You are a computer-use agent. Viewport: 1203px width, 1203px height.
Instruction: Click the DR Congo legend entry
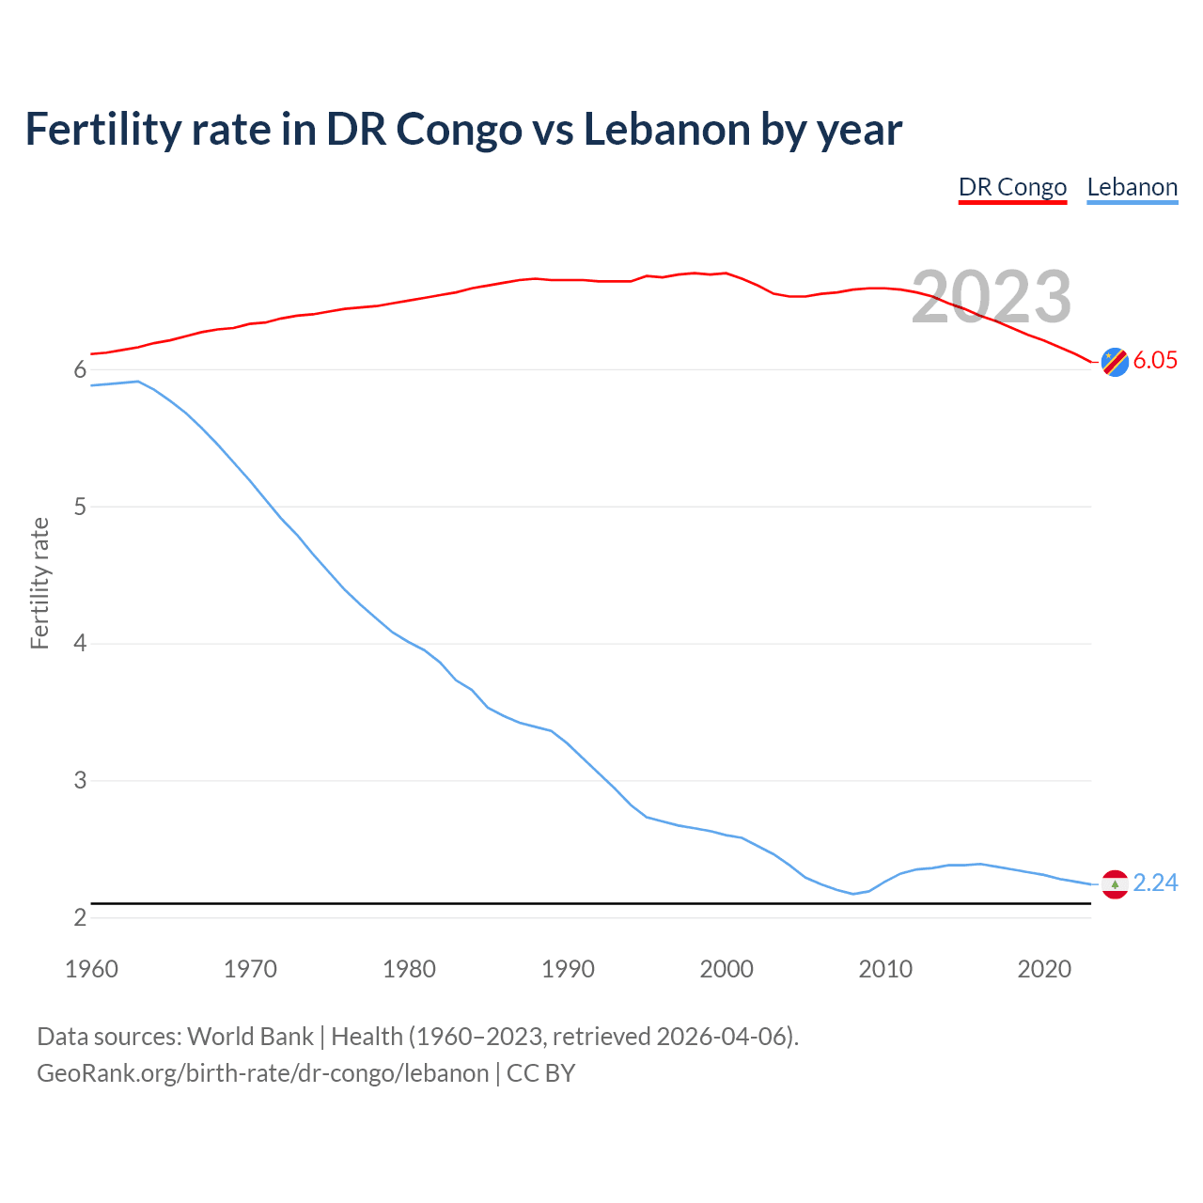pos(1012,187)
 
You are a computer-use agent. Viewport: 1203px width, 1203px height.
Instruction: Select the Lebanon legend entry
pos(1132,187)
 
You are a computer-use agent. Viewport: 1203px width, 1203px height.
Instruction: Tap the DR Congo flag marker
pos(1115,361)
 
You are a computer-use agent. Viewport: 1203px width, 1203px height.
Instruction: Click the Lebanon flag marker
pos(1115,883)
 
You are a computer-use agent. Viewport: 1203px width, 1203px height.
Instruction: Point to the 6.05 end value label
pos(1155,361)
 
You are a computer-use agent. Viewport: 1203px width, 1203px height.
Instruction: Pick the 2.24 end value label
pos(1155,883)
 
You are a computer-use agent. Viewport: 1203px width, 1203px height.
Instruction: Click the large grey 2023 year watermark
pos(992,297)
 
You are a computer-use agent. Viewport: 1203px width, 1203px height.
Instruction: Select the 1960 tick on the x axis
pos(91,969)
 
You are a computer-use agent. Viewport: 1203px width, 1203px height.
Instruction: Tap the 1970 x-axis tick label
pos(250,969)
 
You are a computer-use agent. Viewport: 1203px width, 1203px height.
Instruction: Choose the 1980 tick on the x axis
pos(409,969)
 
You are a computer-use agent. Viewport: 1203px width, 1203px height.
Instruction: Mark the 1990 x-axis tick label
pos(568,969)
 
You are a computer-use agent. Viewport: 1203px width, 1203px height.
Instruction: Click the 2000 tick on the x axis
pos(726,969)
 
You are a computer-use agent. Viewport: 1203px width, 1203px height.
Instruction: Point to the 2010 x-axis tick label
pos(885,969)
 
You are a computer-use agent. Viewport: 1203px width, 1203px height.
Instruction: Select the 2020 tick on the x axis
pos(1044,969)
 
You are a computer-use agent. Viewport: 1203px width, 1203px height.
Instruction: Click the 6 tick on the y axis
pos(80,370)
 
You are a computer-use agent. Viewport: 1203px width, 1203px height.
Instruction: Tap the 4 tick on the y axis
pos(80,644)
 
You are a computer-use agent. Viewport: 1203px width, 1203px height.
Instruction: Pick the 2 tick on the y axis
pos(80,917)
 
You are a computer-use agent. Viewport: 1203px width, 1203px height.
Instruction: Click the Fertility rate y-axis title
pos(39,583)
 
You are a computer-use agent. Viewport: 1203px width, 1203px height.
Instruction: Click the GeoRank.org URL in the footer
pos(262,1073)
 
